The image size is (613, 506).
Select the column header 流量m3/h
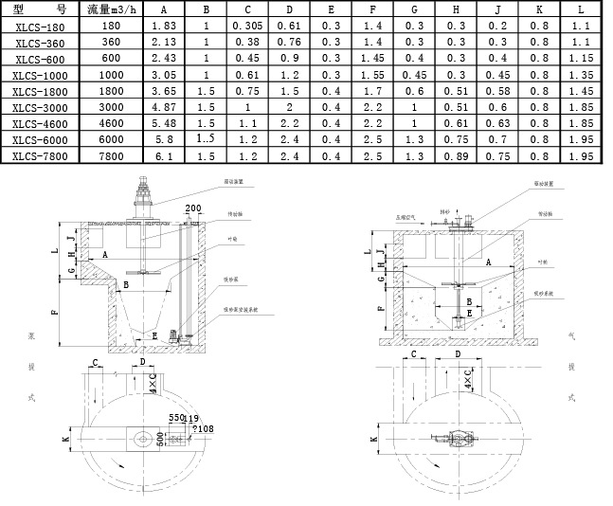[111, 11]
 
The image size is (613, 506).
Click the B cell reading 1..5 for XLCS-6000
[206, 139]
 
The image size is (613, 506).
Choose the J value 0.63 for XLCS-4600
[497, 123]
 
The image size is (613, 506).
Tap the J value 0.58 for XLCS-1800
[497, 92]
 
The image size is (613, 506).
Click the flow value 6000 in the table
[111, 139]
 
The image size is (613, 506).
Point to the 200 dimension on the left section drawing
[193, 208]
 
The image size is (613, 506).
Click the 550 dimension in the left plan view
[176, 418]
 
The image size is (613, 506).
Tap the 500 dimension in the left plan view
[161, 437]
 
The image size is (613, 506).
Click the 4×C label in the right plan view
[469, 380]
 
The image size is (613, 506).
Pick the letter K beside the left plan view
[64, 440]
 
